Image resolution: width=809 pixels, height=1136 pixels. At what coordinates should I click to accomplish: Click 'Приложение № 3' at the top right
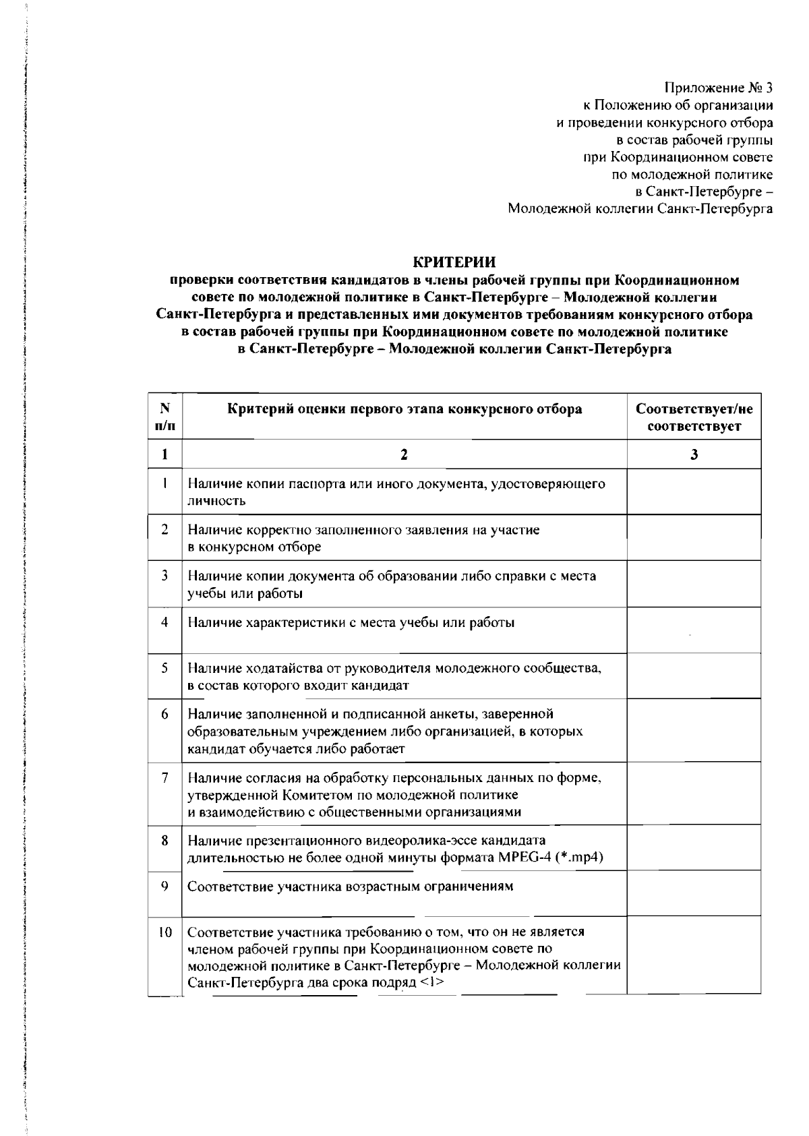coord(718,88)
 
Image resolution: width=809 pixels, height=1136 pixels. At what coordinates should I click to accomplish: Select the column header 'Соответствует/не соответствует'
coord(694,417)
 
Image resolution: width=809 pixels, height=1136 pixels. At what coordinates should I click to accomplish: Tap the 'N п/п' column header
coord(164,417)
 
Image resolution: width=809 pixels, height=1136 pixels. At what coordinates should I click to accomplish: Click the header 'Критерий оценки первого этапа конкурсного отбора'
coord(404,409)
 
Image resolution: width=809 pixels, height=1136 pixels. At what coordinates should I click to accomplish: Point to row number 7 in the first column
coord(164,777)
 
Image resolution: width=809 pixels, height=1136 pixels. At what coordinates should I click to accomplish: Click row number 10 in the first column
coord(164,932)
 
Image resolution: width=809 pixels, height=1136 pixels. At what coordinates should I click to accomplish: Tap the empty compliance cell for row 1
coord(694,492)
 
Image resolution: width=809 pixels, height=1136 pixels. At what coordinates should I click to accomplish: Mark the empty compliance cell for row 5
coord(694,676)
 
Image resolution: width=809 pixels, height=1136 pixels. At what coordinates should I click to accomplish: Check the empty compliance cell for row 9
coord(694,893)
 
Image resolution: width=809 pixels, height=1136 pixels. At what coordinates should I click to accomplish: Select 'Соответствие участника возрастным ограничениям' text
coord(350,886)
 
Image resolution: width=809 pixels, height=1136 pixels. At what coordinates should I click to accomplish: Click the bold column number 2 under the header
coord(404,455)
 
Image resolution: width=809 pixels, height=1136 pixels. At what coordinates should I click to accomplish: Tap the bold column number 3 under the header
coord(694,455)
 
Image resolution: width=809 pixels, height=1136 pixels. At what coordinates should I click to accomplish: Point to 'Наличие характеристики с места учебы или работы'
coord(351,622)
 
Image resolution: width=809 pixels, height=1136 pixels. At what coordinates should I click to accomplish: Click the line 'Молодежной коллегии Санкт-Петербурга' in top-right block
coord(640,210)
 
